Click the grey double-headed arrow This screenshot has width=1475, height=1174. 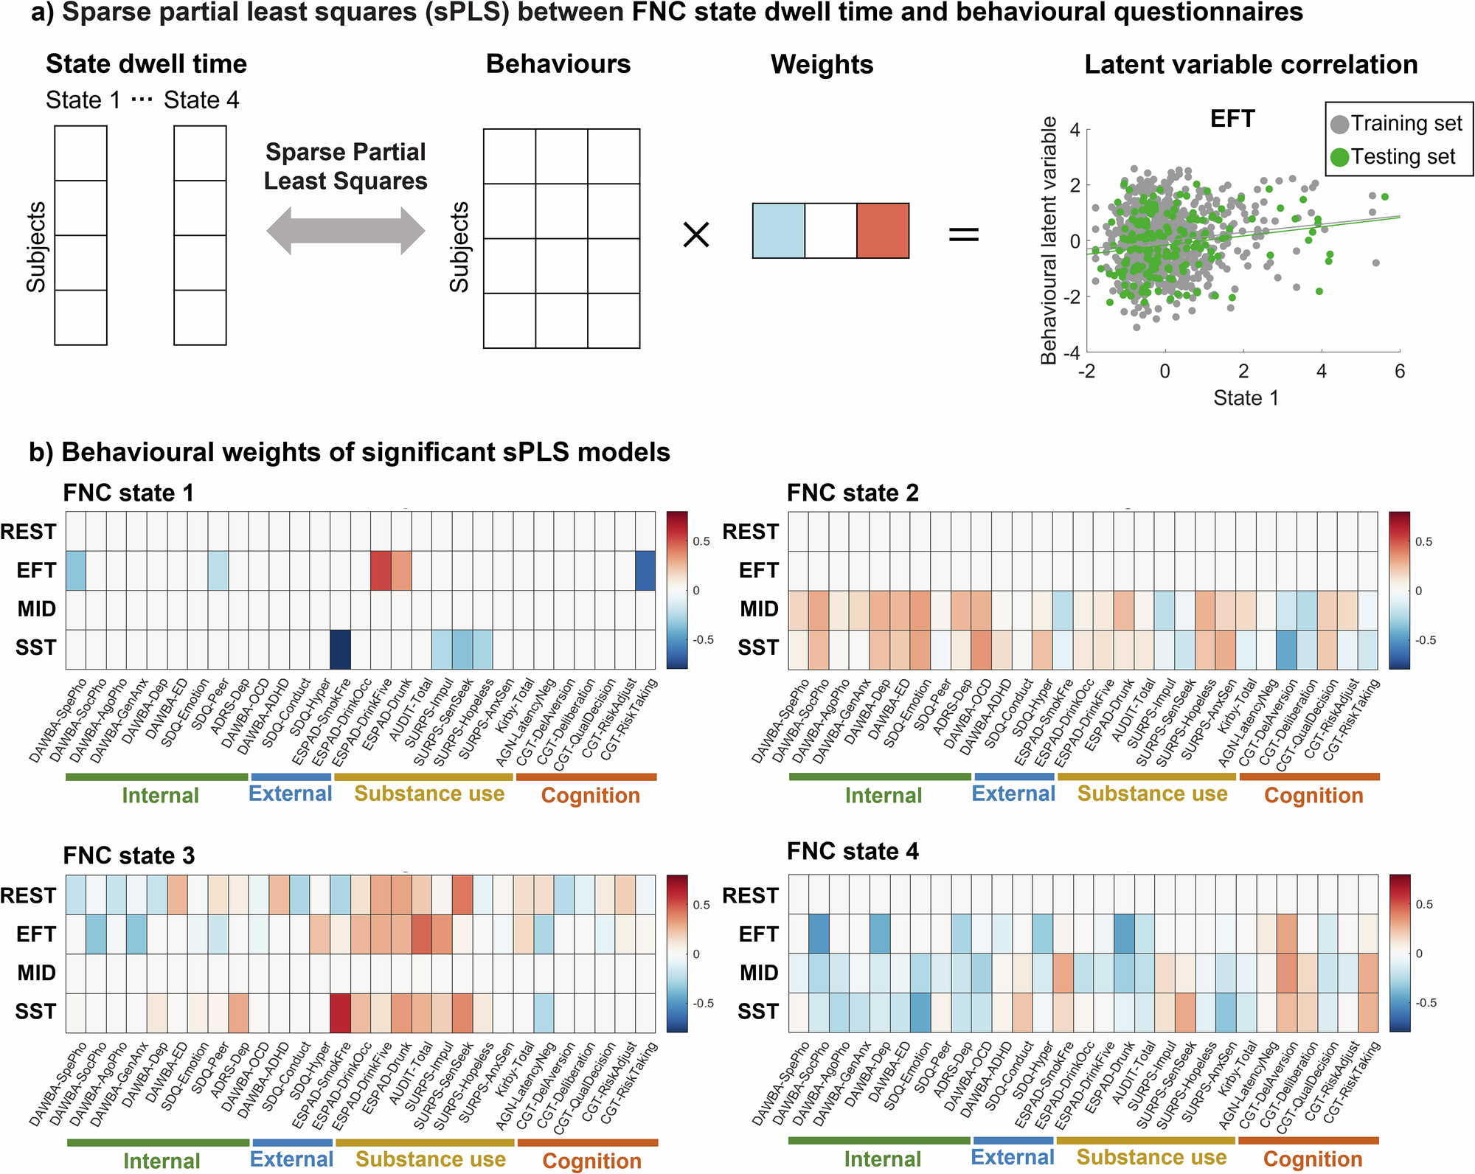pyautogui.click(x=345, y=231)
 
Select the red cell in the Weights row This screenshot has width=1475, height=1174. pyautogui.click(x=883, y=231)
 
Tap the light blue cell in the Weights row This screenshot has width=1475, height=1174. pyautogui.click(x=778, y=231)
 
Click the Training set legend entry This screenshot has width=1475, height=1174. pyautogui.click(x=1397, y=124)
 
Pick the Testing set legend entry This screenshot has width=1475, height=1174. pyautogui.click(x=1393, y=157)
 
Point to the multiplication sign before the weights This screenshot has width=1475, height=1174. pyautogui.click(x=696, y=235)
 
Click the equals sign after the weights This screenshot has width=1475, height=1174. pyautogui.click(x=963, y=235)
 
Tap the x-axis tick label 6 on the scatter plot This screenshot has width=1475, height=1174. pyautogui.click(x=1399, y=372)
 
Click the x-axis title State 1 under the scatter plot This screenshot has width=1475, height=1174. pyautogui.click(x=1246, y=398)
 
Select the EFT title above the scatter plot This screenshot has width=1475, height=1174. pyautogui.click(x=1232, y=119)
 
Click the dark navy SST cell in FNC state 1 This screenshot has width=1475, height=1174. pyautogui.click(x=340, y=649)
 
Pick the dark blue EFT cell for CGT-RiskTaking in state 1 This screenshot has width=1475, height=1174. pyautogui.click(x=645, y=571)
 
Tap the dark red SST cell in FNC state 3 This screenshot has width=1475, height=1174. pyautogui.click(x=340, y=1013)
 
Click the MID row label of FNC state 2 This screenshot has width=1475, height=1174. pyautogui.click(x=759, y=609)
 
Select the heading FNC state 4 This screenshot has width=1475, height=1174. pyautogui.click(x=853, y=851)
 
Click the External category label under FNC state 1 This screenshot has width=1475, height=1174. pyautogui.click(x=290, y=793)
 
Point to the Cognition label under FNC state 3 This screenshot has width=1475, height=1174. pyautogui.click(x=591, y=1160)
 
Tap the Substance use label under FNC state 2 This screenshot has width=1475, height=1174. pyautogui.click(x=1152, y=793)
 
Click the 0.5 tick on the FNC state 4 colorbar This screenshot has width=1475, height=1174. pyautogui.click(x=1424, y=904)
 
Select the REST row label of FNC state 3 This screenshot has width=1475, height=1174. pyautogui.click(x=28, y=895)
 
